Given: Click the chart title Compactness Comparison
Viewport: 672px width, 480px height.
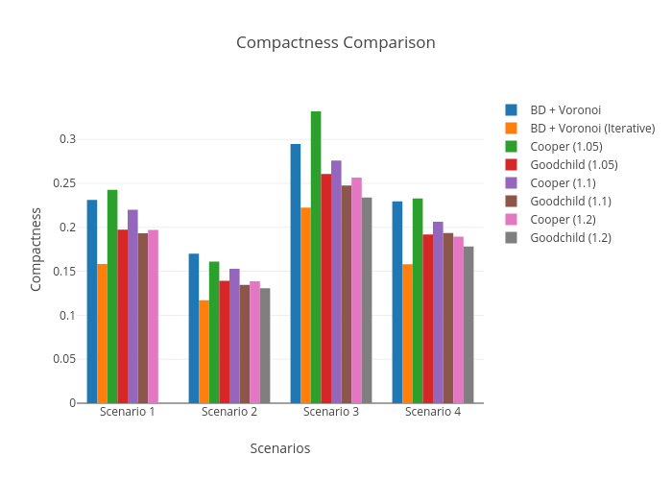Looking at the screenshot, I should (335, 43).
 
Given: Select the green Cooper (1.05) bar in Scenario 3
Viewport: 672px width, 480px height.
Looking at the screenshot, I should (316, 257).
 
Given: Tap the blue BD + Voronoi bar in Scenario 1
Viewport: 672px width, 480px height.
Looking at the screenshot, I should (92, 301).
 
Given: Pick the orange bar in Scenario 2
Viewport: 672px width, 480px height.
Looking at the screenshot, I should (204, 351).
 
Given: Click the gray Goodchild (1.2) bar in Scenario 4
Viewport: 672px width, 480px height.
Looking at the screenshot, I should (468, 324).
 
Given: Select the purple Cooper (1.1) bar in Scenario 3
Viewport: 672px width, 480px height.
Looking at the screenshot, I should (336, 281).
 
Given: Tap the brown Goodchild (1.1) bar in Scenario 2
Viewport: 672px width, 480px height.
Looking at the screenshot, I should (245, 344).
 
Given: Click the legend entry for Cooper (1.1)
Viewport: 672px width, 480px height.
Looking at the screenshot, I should (564, 182).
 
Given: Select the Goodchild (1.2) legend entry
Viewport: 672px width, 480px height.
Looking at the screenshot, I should (570, 237).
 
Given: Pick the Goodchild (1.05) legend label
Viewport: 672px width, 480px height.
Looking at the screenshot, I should (573, 164).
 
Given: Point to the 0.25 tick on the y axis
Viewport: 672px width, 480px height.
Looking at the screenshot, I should (66, 183).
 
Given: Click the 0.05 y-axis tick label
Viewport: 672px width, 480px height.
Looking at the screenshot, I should (66, 359).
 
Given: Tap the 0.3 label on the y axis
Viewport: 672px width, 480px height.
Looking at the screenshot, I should (69, 139).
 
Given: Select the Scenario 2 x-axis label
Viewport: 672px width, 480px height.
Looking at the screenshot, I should (229, 412).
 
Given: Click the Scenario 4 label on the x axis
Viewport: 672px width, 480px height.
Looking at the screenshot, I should (433, 412).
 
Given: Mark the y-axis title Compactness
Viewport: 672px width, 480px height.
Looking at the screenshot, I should (36, 249).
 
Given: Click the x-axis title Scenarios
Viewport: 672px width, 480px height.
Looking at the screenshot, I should (280, 448).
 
